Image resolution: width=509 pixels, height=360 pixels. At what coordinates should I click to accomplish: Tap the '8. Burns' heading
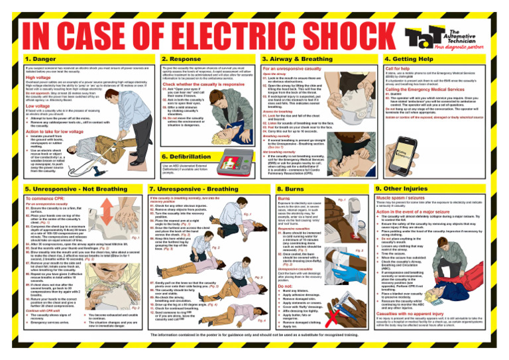tap(290, 189)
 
